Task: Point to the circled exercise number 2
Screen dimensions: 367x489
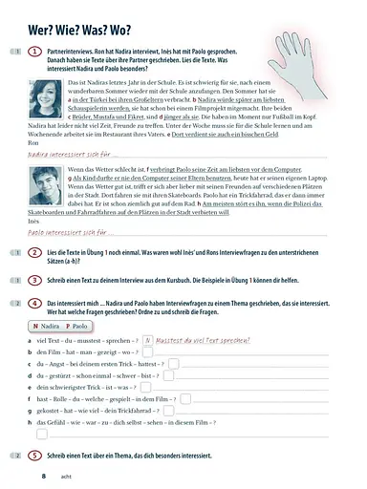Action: [34, 252]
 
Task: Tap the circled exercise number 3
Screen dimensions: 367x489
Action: [34, 280]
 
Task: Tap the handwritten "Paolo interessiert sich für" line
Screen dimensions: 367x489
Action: [67, 231]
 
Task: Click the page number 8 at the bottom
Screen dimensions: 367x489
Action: [43, 474]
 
